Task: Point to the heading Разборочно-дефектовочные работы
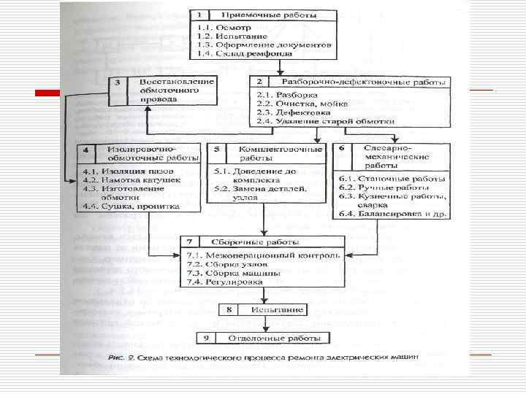point(332,82)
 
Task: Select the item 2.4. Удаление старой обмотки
point(325,122)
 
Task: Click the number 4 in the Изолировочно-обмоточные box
point(86,151)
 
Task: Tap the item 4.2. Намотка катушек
point(121,179)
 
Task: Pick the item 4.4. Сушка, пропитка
point(121,206)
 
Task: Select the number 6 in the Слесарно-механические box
point(341,149)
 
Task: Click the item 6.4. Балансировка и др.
point(392,214)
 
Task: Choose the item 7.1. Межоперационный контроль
point(264,255)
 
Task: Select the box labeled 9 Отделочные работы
point(263,339)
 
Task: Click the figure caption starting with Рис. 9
point(263,357)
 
